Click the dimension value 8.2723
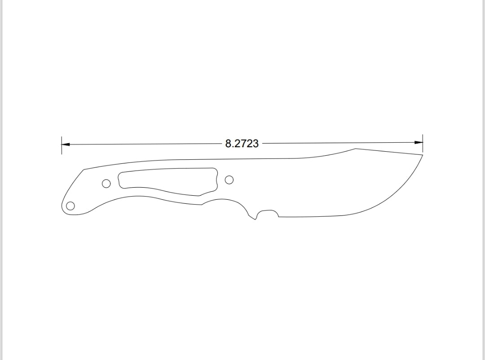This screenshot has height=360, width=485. point(242,144)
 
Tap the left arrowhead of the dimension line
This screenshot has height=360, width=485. point(66,145)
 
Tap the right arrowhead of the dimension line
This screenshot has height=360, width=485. point(419,143)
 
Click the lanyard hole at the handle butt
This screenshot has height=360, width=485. point(70,206)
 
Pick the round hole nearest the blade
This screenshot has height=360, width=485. point(229,180)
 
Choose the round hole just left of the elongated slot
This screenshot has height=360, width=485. point(106,183)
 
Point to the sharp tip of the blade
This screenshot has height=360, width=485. point(423,155)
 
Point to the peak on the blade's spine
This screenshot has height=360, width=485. point(355,149)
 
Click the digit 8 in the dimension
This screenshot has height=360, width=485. point(228,144)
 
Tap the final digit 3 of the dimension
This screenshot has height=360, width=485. point(256,144)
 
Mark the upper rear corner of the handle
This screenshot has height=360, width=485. point(84,169)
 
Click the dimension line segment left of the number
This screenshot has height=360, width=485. point(144,144)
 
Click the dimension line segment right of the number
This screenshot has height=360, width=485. point(337,143)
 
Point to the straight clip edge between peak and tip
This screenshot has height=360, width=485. point(389,152)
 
